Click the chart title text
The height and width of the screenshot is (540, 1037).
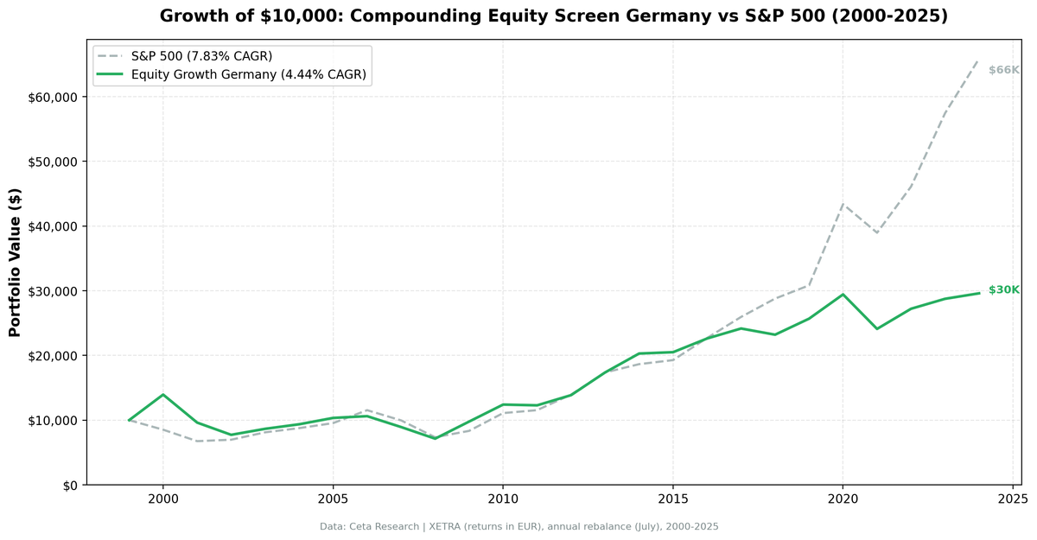(553, 16)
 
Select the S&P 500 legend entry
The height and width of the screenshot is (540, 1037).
(201, 56)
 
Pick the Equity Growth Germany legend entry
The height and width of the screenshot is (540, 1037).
(249, 75)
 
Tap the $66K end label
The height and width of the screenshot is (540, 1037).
(1004, 70)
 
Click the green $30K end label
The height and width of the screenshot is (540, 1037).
(1004, 290)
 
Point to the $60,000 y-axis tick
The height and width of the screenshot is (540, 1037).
(53, 97)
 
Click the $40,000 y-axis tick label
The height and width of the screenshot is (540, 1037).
(53, 226)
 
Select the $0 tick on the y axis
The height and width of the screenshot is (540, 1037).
(68, 485)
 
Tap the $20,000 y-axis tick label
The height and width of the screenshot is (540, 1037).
(53, 356)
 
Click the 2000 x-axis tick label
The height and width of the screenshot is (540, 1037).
(162, 499)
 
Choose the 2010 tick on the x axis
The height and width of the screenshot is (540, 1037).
(502, 499)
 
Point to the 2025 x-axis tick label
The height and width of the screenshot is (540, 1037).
(1012, 499)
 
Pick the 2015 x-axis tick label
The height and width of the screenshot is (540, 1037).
(672, 499)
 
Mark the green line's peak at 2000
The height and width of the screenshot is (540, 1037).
(162, 395)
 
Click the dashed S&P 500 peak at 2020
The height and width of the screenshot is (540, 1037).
(843, 205)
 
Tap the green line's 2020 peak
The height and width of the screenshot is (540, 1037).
(843, 295)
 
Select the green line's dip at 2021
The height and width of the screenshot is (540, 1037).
(877, 328)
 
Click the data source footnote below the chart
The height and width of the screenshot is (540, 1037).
(518, 526)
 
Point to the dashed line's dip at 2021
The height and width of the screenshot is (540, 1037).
(877, 232)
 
